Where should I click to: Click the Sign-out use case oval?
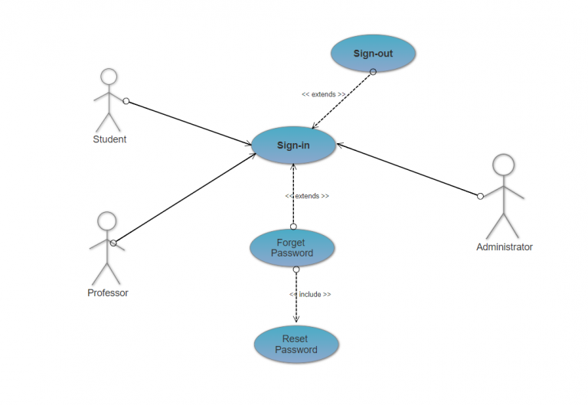pyautogui.click(x=373, y=54)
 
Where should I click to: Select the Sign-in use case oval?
pyautogui.click(x=293, y=145)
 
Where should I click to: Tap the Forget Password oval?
pyautogui.click(x=292, y=248)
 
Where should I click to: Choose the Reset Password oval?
pyautogui.click(x=296, y=345)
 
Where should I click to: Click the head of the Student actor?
pyautogui.click(x=109, y=77)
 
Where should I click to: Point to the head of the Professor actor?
pyautogui.click(x=106, y=221)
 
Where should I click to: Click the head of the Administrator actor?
pyautogui.click(x=503, y=164)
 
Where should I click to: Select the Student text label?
pyautogui.click(x=109, y=139)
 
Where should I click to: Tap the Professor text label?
pyautogui.click(x=107, y=293)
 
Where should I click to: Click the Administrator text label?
pyautogui.click(x=504, y=247)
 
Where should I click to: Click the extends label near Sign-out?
pyautogui.click(x=323, y=95)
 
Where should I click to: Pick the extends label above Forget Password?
pyautogui.click(x=307, y=196)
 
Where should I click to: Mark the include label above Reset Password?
pyautogui.click(x=310, y=294)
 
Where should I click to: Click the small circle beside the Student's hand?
pyautogui.click(x=126, y=101)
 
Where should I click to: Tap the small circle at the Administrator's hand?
pyautogui.click(x=480, y=197)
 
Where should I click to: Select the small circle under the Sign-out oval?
pyautogui.click(x=373, y=72)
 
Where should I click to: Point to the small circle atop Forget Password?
pyautogui.click(x=292, y=227)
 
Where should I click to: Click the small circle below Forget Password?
pyautogui.click(x=296, y=269)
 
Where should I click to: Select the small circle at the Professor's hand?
pyautogui.click(x=113, y=243)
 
